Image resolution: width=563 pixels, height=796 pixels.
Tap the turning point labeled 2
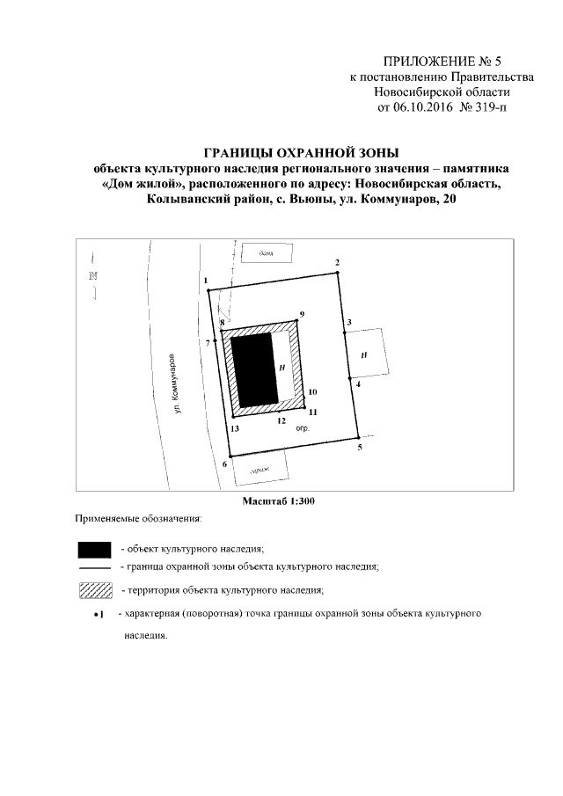[x=336, y=273]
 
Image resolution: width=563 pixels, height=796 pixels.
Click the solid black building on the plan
[x=254, y=369]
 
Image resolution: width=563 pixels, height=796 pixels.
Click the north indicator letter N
[x=93, y=276]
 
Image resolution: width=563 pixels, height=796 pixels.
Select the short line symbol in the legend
[x=93, y=569]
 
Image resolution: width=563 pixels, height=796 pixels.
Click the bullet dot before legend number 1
[x=96, y=613]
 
